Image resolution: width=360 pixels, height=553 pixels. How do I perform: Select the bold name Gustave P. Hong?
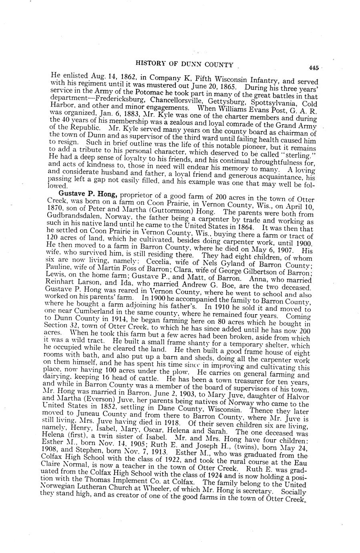tap(93, 194)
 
